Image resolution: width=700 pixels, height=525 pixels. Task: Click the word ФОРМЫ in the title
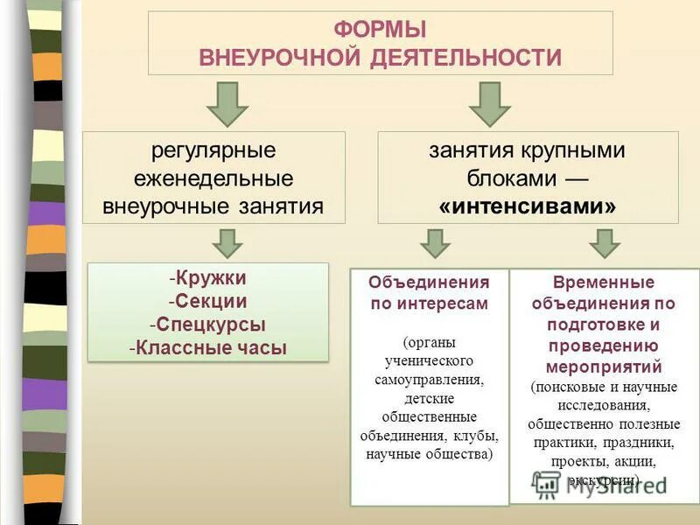point(380,30)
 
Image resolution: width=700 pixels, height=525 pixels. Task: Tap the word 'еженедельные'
point(213,178)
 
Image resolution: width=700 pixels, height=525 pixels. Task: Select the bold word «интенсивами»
point(527,206)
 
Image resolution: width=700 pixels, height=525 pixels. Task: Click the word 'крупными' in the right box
point(580,150)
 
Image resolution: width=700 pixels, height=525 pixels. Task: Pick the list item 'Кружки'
point(210,278)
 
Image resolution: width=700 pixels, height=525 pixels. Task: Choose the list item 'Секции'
point(210,301)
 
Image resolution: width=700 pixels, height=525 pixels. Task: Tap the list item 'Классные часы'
point(210,347)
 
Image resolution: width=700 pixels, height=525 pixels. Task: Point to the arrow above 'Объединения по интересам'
point(435,242)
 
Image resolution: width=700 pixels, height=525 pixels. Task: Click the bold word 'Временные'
point(604,283)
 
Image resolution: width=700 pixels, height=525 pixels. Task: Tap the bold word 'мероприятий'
point(604,367)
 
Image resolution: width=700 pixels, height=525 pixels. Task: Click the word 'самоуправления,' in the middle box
point(429,381)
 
